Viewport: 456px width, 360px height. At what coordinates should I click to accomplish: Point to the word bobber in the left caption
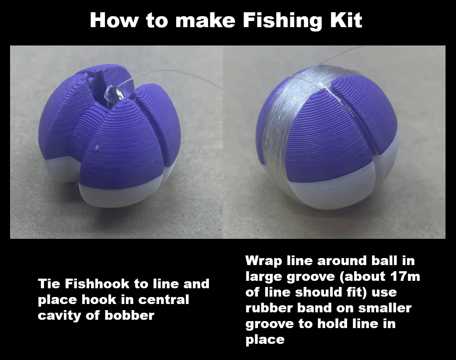point(129,315)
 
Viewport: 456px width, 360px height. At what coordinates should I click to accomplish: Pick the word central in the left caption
point(164,300)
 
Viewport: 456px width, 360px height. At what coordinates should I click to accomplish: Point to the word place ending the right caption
point(265,339)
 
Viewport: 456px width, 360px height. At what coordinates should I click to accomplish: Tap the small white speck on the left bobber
point(97,148)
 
